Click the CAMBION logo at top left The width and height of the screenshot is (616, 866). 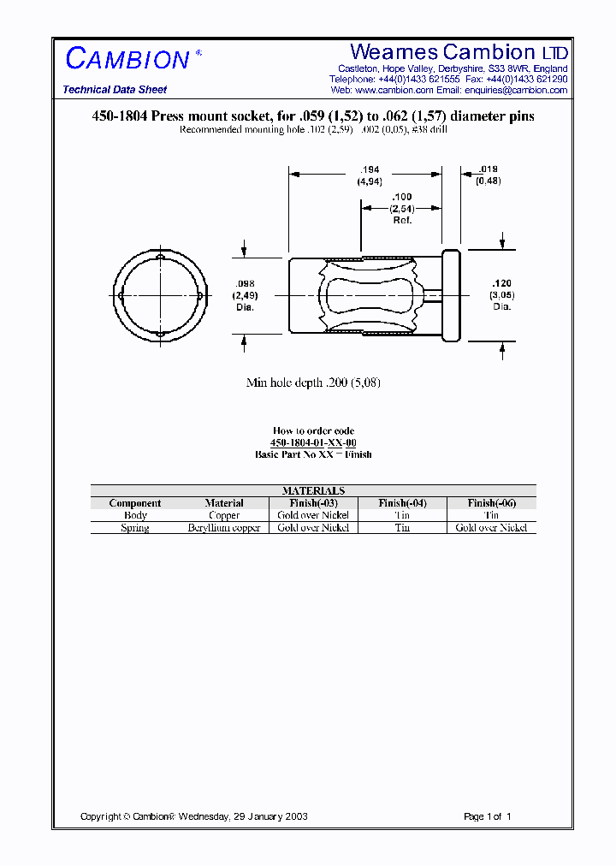pos(127,59)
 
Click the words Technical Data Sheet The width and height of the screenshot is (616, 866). pos(115,90)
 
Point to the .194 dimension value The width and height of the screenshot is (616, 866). pos(370,171)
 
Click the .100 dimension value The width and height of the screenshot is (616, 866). pos(401,198)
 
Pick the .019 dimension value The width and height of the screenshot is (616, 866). pos(489,169)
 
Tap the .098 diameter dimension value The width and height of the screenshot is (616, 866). pos(244,284)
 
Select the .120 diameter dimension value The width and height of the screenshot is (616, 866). pos(501,283)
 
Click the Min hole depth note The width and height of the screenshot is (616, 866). pos(313,383)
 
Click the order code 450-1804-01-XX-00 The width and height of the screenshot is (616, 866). pos(313,442)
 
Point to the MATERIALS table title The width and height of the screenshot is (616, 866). pos(313,490)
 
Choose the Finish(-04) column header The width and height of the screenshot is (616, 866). pos(402,503)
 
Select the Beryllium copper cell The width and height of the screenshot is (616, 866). pos(224,528)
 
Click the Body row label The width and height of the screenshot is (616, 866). pos(135,515)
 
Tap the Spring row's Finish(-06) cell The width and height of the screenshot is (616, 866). pos(491,528)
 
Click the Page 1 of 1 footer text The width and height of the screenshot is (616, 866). pos(487,816)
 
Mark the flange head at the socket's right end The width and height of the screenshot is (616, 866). pos(451,295)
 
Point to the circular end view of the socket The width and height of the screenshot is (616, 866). pos(160,295)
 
